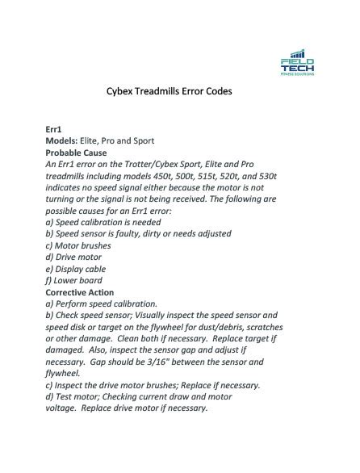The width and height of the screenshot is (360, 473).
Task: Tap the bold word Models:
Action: click(x=62, y=140)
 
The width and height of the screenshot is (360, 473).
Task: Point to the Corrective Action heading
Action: click(x=80, y=292)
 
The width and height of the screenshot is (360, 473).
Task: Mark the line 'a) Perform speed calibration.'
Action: click(x=102, y=304)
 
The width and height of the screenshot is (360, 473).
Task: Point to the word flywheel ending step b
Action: click(x=62, y=374)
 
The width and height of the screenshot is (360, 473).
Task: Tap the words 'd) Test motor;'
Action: click(x=77, y=397)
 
